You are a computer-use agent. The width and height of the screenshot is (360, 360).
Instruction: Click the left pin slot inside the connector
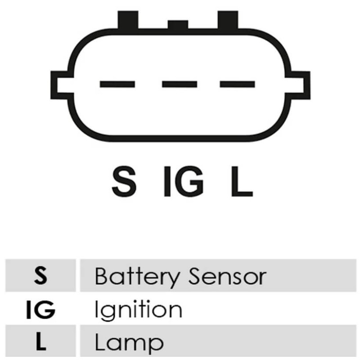coord(117,84)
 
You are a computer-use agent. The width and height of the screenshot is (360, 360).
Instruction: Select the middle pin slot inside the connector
coord(180,84)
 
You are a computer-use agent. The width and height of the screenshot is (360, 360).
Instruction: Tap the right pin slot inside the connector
coord(238,84)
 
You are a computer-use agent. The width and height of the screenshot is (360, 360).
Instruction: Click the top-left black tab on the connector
coord(128,20)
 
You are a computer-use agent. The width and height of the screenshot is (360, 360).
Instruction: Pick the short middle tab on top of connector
coord(178,25)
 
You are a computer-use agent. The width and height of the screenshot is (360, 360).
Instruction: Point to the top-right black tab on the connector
coord(228,20)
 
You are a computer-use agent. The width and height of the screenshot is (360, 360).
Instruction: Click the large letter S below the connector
coord(124,181)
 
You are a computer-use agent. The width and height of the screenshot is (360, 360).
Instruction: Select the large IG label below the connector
coord(184,181)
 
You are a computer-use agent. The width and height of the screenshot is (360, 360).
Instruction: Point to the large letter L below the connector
coord(242,181)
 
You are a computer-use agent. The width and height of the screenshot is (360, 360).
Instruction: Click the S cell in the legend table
coord(40,275)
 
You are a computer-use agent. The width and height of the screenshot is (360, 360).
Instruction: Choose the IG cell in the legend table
coord(40,309)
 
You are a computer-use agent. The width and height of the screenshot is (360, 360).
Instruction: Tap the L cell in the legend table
coord(40,341)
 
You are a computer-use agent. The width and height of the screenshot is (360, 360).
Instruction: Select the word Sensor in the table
coord(227,276)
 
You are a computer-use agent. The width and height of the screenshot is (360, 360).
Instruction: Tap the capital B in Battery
coord(102,276)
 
